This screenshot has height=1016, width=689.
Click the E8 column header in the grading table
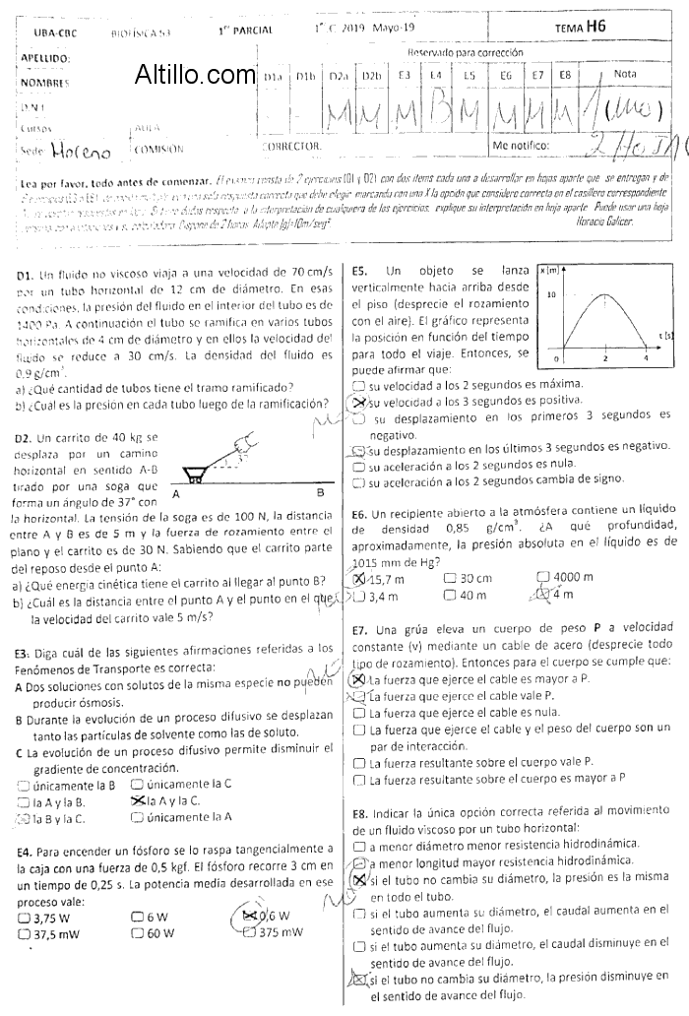[565, 75]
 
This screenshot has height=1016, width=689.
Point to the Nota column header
[624, 74]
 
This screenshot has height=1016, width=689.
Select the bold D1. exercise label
[26, 273]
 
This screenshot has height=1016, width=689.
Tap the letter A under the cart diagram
[175, 492]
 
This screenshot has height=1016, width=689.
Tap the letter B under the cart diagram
[319, 492]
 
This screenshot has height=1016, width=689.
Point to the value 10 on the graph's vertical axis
[553, 295]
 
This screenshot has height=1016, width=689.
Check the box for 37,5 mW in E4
[24, 933]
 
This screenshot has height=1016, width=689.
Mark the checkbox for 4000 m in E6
[543, 578]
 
